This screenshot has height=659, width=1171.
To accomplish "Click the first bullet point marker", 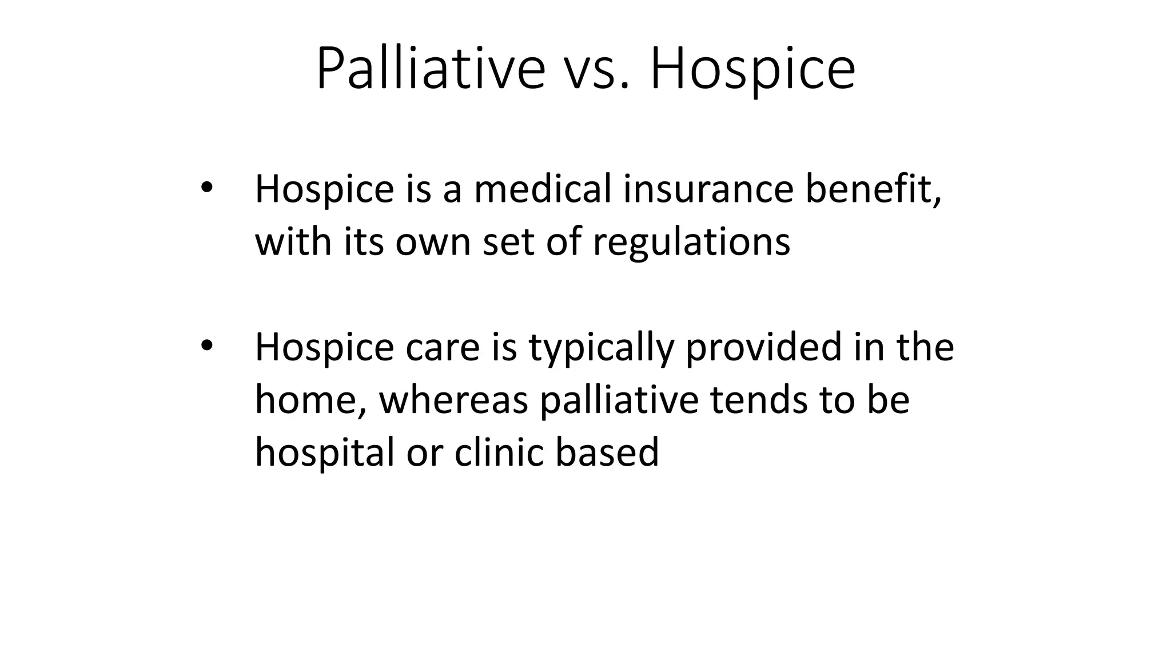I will click(x=206, y=187).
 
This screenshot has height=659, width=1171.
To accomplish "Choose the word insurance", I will click(x=708, y=189).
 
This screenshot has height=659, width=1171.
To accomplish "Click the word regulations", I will click(x=691, y=242).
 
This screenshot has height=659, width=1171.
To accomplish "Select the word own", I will click(x=434, y=242).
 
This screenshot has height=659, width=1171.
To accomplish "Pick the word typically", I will click(x=601, y=348).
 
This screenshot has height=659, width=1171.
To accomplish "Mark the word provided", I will click(x=764, y=348).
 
